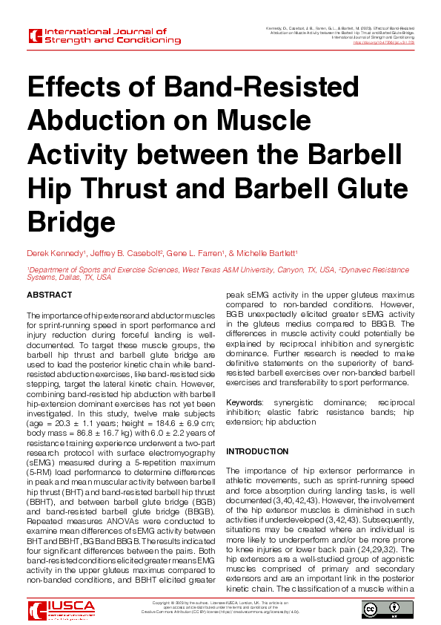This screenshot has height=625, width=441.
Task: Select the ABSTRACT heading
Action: click(x=50, y=295)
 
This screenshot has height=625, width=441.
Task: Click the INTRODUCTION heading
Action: click(x=257, y=451)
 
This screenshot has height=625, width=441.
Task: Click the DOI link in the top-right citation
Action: click(x=385, y=43)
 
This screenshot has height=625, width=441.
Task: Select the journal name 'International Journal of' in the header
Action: click(x=107, y=32)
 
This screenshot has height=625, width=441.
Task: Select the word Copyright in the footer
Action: click(x=162, y=601)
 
